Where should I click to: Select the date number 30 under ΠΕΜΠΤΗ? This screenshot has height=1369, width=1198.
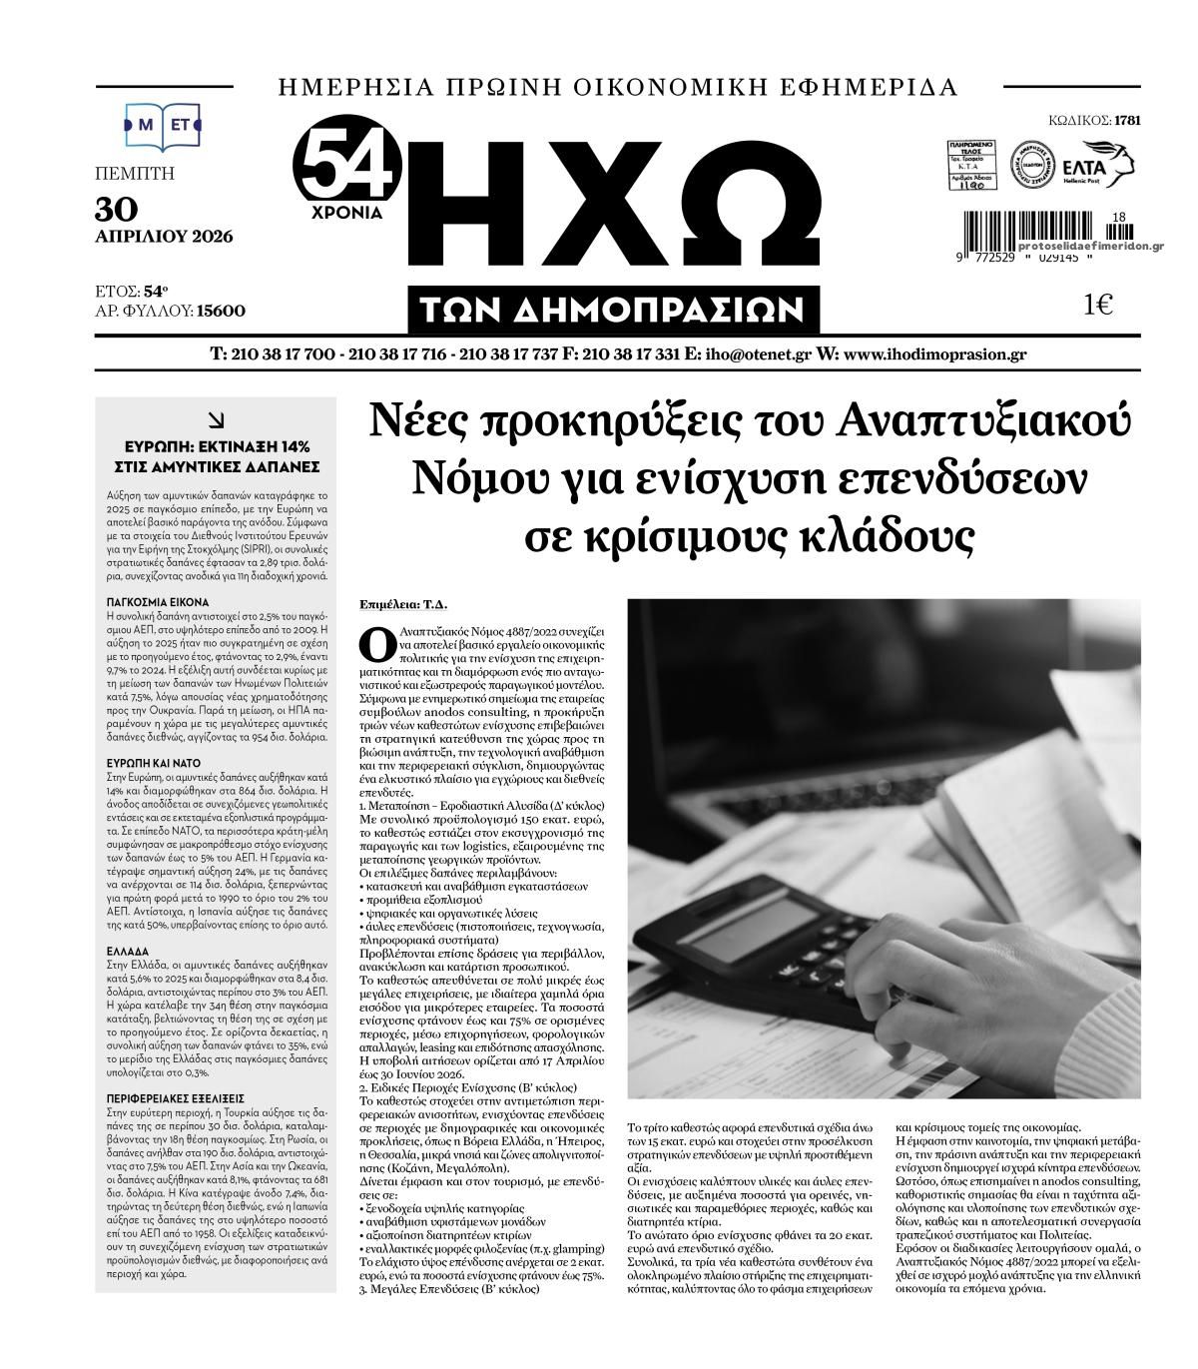117,208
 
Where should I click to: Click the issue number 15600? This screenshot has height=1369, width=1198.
221,311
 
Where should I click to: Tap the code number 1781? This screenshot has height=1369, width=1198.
1127,121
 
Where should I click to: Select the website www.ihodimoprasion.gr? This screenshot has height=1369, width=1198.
934,354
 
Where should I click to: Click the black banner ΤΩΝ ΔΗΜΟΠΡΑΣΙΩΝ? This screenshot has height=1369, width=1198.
613,311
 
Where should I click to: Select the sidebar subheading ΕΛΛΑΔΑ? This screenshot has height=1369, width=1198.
127,952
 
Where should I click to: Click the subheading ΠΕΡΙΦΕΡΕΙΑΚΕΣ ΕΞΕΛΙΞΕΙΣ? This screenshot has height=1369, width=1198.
175,1096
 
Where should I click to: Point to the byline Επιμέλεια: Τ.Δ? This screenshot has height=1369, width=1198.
403,604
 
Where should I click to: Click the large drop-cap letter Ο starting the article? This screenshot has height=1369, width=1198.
376,644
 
